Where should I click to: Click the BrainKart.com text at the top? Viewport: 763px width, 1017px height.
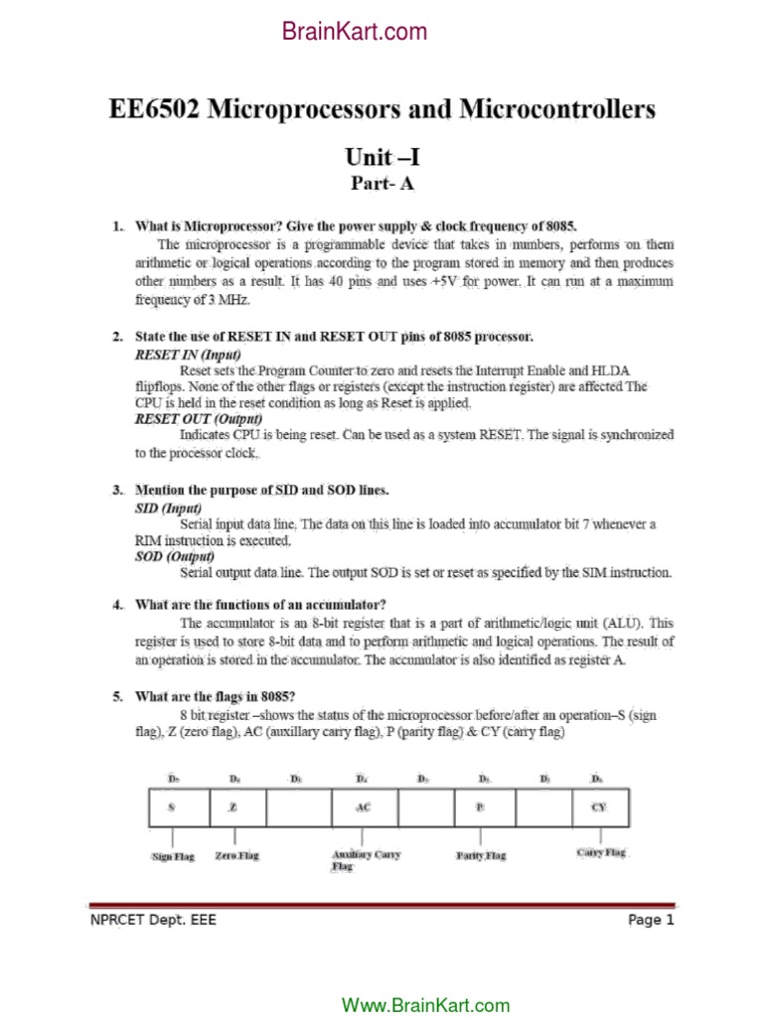[x=355, y=32]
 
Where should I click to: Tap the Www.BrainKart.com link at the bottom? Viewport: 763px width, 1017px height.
[x=425, y=1005]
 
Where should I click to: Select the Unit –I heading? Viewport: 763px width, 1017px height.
[x=382, y=157]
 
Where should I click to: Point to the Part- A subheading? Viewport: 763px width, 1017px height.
[x=382, y=184]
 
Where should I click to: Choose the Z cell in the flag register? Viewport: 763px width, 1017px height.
[x=233, y=807]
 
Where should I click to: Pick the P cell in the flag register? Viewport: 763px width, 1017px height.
[x=480, y=807]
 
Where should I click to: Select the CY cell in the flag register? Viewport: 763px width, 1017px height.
[x=598, y=807]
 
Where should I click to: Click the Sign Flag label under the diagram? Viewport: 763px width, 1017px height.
[x=173, y=856]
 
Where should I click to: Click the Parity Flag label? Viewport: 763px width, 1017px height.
[x=481, y=855]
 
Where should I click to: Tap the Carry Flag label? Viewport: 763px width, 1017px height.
[x=602, y=852]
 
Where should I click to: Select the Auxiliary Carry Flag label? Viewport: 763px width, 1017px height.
[x=366, y=860]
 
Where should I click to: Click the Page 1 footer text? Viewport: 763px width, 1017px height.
[x=651, y=920]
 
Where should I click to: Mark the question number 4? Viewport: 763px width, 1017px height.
[x=116, y=604]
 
